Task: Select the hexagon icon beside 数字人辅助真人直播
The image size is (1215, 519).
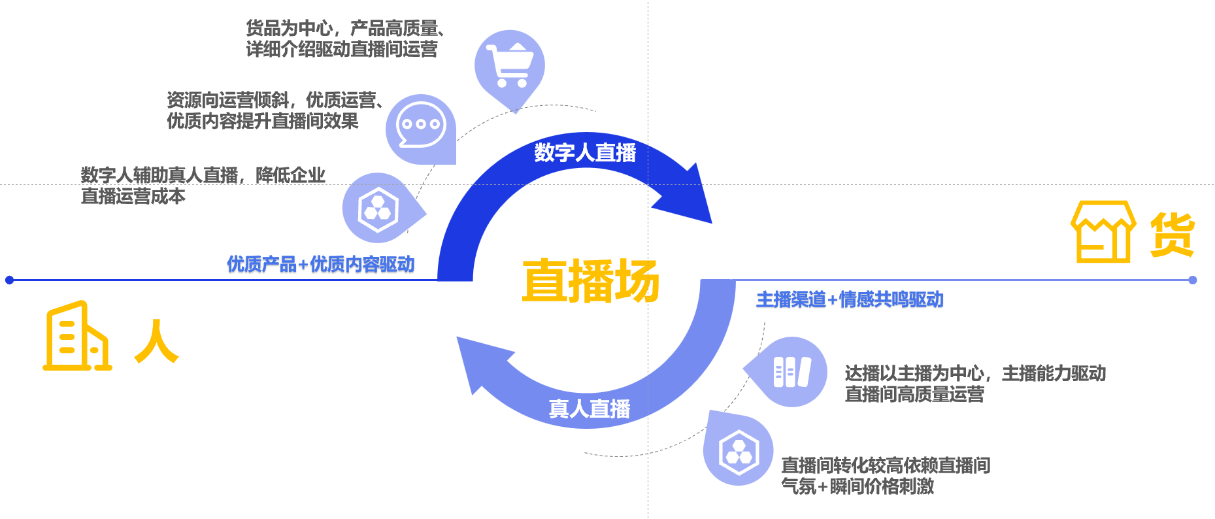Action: click(378, 209)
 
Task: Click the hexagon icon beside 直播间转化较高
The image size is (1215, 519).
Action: click(739, 452)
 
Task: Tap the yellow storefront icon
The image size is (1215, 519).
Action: click(1103, 232)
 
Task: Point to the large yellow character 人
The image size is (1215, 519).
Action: click(156, 341)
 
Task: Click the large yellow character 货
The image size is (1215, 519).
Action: click(1172, 234)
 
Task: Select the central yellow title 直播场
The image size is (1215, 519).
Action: click(590, 281)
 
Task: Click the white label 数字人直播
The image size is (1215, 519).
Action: click(585, 153)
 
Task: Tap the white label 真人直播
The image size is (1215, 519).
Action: click(589, 409)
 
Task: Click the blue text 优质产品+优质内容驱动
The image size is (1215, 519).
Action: click(320, 264)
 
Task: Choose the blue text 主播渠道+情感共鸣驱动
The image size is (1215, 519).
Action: click(850, 300)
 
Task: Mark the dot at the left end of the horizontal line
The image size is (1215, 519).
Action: click(9, 280)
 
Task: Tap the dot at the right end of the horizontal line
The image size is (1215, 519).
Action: click(1193, 280)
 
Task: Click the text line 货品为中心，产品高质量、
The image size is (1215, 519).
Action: click(345, 28)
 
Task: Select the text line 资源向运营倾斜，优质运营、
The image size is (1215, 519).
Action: click(275, 100)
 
